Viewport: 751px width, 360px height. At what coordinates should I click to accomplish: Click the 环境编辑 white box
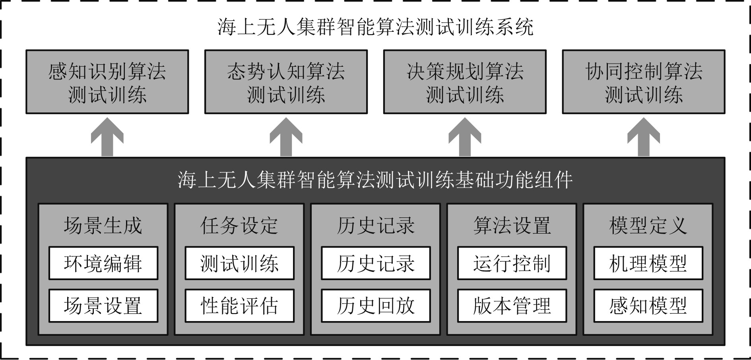pos(103,263)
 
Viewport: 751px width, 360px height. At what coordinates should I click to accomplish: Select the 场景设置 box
pos(103,306)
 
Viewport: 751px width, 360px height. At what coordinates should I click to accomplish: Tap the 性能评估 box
pos(240,306)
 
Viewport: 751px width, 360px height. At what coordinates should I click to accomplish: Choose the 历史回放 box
pos(376,306)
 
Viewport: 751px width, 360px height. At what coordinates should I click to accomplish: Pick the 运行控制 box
pos(512,263)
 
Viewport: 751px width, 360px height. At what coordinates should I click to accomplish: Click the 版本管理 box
pos(512,306)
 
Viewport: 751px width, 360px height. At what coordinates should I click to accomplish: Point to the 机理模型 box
pos(648,263)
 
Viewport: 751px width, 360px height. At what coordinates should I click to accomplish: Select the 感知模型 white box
pos(648,306)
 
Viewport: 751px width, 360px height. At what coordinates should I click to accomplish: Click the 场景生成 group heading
pos(103,225)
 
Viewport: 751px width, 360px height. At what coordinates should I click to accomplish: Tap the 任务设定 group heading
pos(240,225)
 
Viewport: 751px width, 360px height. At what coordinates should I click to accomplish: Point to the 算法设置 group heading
pos(512,225)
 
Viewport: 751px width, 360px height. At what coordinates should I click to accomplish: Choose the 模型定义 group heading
pos(648,225)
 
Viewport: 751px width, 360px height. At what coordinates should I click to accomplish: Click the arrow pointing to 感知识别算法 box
pos(107,137)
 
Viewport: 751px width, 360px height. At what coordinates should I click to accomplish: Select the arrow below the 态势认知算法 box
pos(286,137)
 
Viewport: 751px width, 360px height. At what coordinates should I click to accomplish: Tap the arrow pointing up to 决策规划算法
pos(465,137)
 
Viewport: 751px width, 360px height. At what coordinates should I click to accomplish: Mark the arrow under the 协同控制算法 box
pos(644,137)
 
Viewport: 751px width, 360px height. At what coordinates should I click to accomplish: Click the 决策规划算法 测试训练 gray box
pos(465,82)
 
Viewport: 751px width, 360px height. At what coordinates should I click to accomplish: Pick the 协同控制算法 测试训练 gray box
pos(644,82)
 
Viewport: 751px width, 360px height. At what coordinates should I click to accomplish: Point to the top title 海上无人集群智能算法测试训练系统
pos(375,27)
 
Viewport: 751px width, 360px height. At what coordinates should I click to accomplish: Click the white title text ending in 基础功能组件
pos(375,180)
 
